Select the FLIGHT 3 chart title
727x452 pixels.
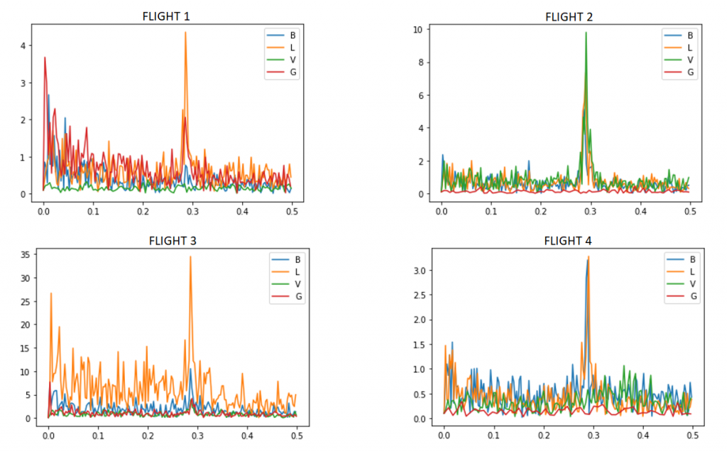[x=173, y=240]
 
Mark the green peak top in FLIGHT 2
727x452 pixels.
[x=586, y=33]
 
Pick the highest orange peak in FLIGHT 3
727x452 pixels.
[x=190, y=257]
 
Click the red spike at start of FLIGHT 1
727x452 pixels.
[x=45, y=58]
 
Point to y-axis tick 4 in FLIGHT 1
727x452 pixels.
[x=22, y=45]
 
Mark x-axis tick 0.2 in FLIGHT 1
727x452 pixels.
[x=143, y=211]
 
